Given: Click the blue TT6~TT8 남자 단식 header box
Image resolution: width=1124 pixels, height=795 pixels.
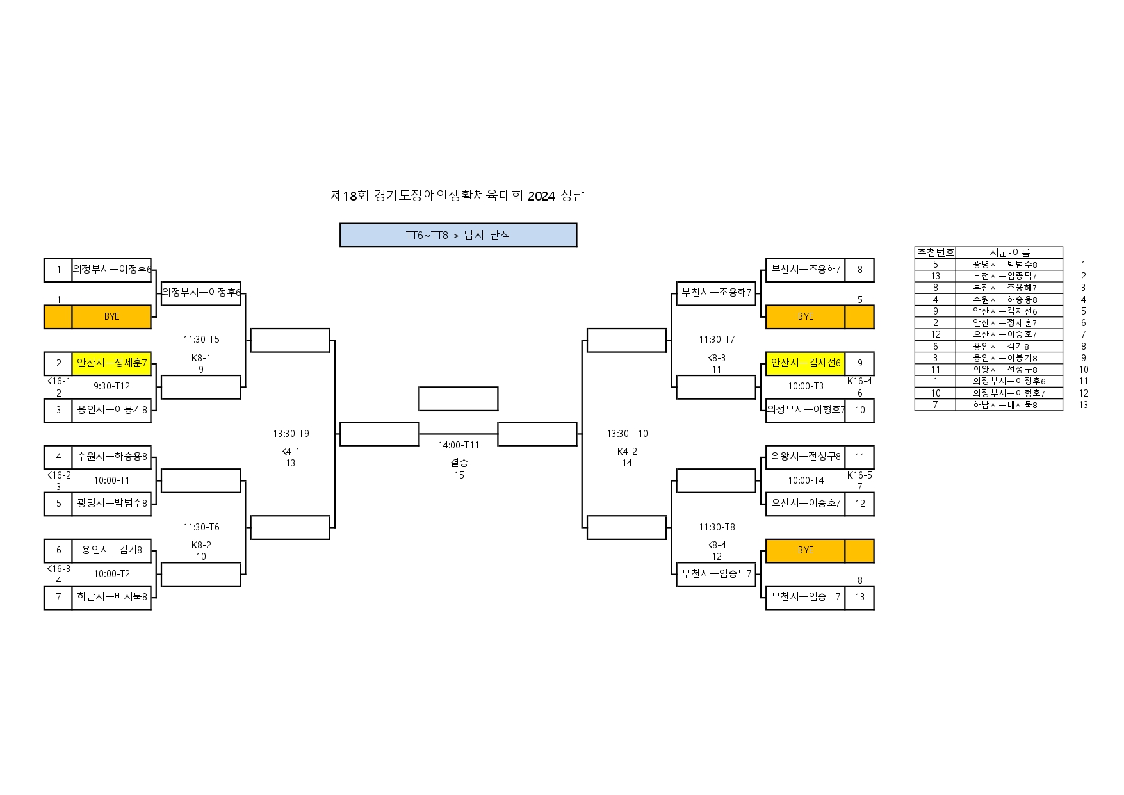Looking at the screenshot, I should point(458,235).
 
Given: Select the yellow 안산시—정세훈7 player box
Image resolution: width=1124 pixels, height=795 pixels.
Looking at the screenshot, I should point(111,363).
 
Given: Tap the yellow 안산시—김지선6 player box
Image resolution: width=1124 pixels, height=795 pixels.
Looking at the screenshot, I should point(805,363).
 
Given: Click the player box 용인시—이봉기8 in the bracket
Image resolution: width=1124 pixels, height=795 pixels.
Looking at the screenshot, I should point(111,410).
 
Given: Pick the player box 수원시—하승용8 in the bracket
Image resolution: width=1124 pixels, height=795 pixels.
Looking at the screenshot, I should point(111,457).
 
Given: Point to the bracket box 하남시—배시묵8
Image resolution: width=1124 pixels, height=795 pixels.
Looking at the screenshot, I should point(111,597).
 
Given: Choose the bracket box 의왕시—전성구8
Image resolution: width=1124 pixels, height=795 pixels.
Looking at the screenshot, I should point(805,457).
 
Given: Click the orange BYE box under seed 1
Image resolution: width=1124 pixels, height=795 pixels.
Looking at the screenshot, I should point(111,316).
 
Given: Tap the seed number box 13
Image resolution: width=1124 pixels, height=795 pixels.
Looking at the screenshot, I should point(859,597).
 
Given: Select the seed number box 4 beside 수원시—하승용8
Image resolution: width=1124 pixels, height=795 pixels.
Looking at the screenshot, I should point(58,457).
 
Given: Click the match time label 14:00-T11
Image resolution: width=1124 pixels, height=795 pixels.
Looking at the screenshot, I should point(459,445).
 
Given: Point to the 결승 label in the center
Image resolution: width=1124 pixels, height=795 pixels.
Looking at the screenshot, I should point(459,463).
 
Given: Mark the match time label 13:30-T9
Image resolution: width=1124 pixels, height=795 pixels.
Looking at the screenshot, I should point(291,434).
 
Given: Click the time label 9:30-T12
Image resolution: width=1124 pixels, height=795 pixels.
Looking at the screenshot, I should point(111,386).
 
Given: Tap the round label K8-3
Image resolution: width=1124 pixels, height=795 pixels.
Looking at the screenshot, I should point(716,358).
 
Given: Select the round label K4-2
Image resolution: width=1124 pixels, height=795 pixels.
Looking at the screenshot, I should point(627,452).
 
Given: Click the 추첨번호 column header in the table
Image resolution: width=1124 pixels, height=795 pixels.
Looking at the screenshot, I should point(935,252).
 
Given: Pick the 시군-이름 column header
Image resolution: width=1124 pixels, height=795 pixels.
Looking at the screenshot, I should point(1009,252).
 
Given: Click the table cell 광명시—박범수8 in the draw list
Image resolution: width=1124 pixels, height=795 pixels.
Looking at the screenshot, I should point(1005,265).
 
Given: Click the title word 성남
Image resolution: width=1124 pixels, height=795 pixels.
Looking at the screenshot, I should point(572,196).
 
